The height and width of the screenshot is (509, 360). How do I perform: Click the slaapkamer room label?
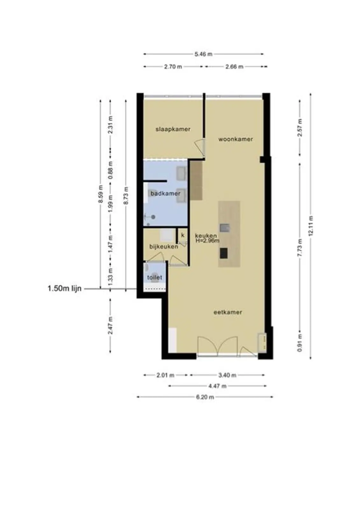[x=173, y=129]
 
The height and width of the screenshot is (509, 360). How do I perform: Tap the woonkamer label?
[x=236, y=139]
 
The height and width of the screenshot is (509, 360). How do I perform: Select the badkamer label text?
[x=165, y=194]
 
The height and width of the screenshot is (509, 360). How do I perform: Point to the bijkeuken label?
[x=164, y=247]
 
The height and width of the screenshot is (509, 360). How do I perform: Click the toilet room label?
[x=155, y=277]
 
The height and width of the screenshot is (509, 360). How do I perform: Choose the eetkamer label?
[x=228, y=312]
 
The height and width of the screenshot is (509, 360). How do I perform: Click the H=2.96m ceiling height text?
[x=208, y=241]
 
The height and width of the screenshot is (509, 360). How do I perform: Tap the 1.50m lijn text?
[x=64, y=289]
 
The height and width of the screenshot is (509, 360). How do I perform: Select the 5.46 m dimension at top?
[x=203, y=54]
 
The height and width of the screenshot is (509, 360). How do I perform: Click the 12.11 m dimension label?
[x=311, y=226]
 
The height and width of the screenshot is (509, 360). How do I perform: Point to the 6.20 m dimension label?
[x=205, y=397]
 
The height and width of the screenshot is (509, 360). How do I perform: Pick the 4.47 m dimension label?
[x=217, y=386]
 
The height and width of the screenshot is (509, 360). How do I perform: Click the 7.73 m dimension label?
[x=300, y=248]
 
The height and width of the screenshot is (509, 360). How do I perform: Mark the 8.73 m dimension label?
[x=126, y=195]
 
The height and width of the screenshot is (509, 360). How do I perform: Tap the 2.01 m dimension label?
[x=165, y=375]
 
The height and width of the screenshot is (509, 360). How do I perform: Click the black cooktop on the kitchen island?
[x=223, y=253]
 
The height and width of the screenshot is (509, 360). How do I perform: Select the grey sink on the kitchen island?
[x=224, y=228]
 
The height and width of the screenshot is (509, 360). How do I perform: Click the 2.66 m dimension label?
[x=234, y=66]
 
